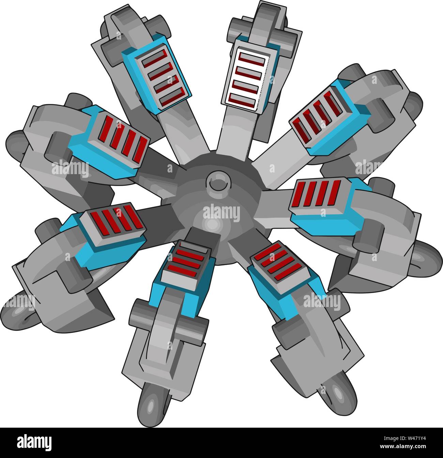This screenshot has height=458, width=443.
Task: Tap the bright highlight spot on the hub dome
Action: [212, 225]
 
